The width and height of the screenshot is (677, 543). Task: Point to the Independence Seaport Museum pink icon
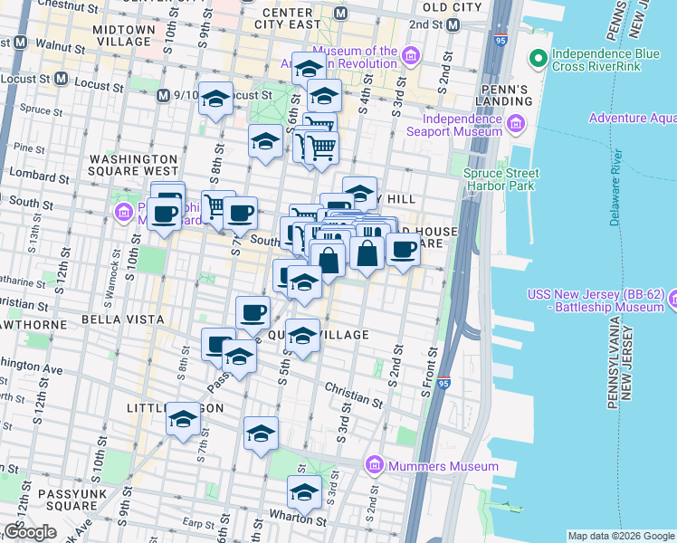click(x=516, y=124)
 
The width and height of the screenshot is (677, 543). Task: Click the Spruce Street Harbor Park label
click(x=501, y=180)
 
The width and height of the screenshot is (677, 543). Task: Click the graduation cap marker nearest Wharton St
click(x=304, y=493)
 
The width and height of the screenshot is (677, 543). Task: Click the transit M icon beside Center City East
click(x=341, y=13)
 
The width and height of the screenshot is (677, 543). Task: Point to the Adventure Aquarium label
click(x=632, y=118)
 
